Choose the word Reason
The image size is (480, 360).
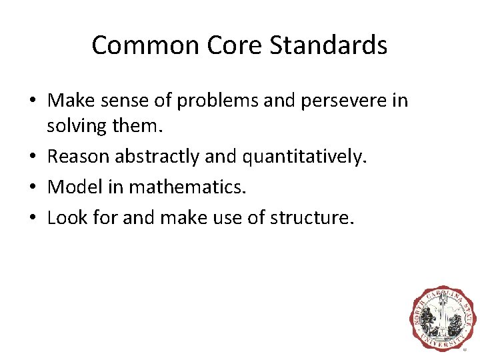79,157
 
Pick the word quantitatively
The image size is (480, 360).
304,157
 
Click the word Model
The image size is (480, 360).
74,187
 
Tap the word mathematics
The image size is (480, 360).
187,187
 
